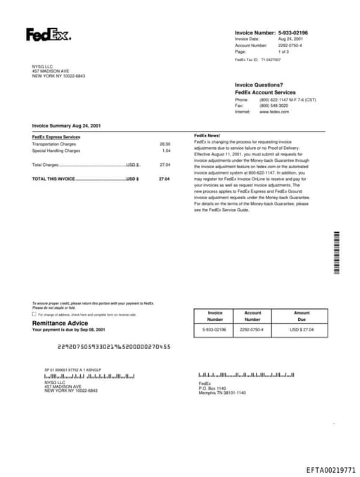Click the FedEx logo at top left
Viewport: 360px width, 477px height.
pyautogui.click(x=48, y=34)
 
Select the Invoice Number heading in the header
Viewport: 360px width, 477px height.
pyautogui.click(x=255, y=32)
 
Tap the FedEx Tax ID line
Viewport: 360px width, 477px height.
pyautogui.click(x=257, y=61)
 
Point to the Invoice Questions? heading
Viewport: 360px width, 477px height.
pyautogui.click(x=259, y=85)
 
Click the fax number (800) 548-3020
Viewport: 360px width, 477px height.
pyautogui.click(x=274, y=106)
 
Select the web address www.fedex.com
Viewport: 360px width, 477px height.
pyautogui.click(x=274, y=112)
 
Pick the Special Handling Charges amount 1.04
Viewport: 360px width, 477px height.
pyautogui.click(x=166, y=151)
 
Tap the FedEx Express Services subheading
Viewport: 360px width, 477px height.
pyautogui.click(x=56, y=136)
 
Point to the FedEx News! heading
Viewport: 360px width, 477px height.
pyautogui.click(x=207, y=135)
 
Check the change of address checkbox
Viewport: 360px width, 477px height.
pyautogui.click(x=34, y=314)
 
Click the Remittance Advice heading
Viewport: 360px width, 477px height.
pyautogui.click(x=60, y=323)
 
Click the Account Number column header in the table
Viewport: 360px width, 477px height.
pyautogui.click(x=252, y=316)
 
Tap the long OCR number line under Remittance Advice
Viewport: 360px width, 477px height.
pyautogui.click(x=113, y=347)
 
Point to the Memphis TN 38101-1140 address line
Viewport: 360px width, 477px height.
pyautogui.click(x=222, y=393)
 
